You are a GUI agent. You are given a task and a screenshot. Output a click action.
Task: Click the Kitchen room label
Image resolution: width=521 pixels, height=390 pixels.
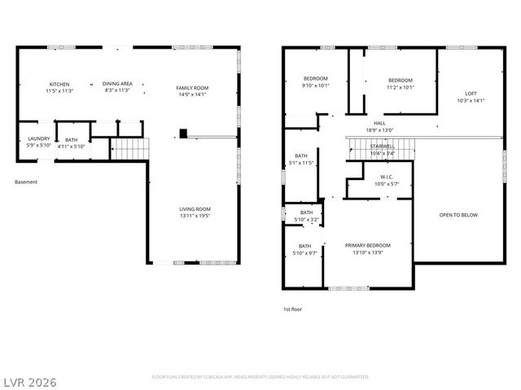point(59,84)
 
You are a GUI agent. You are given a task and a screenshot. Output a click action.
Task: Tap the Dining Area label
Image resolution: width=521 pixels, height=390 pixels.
point(117,84)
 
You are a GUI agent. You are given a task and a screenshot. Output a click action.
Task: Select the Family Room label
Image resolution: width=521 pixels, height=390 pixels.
point(193,88)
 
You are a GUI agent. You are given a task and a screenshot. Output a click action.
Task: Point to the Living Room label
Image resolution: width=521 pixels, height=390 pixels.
point(195,209)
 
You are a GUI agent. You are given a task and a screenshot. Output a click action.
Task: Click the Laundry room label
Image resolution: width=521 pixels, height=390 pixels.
point(39,138)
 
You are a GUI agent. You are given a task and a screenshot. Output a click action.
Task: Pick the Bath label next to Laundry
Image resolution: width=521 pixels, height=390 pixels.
point(72,140)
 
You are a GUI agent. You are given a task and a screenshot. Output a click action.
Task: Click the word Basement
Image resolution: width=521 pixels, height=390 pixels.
point(26,182)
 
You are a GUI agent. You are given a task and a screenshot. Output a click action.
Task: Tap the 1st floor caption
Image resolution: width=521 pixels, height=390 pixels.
point(293,309)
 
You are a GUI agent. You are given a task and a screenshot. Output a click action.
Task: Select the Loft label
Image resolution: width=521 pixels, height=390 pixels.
point(471,94)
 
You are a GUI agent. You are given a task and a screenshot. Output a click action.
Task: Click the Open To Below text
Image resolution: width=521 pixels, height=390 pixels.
point(458,215)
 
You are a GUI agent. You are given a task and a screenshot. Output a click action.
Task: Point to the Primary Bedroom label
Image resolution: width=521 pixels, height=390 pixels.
point(367,245)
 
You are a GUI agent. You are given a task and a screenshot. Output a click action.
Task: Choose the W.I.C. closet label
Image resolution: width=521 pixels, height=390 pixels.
point(387,177)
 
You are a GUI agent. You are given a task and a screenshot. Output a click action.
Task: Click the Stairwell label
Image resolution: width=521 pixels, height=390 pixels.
point(382,147)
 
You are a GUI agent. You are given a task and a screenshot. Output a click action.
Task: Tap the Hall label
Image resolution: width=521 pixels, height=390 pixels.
point(379,123)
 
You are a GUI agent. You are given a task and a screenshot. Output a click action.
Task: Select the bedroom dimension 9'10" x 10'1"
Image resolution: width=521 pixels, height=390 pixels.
point(314,85)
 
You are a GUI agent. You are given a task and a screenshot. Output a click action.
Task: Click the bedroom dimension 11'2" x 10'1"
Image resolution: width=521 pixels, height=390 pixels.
point(400,87)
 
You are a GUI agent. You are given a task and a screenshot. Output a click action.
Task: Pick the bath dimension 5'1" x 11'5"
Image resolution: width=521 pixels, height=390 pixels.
point(302,163)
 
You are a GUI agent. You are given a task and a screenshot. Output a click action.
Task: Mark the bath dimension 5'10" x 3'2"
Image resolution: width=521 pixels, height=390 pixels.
point(304,219)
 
